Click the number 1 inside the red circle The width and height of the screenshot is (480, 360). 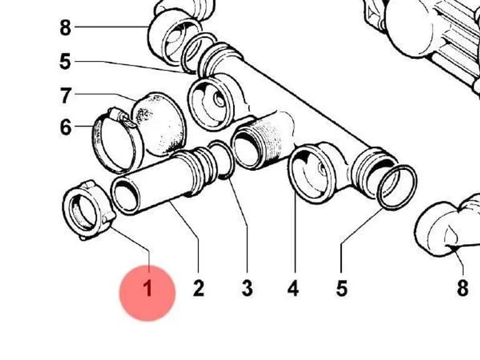click(148, 288)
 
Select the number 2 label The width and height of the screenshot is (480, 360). click(198, 288)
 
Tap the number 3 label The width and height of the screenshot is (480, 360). click(247, 288)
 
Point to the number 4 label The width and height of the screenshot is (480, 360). click(293, 288)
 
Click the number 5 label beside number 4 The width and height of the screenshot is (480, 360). click(342, 288)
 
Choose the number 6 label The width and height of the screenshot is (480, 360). click(66, 127)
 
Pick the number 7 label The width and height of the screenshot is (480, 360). click(66, 96)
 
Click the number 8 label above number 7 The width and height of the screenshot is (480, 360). click(65, 27)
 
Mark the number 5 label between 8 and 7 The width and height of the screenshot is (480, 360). click(65, 61)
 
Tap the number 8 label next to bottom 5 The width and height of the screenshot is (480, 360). click(462, 288)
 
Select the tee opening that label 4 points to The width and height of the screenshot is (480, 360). click(311, 174)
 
